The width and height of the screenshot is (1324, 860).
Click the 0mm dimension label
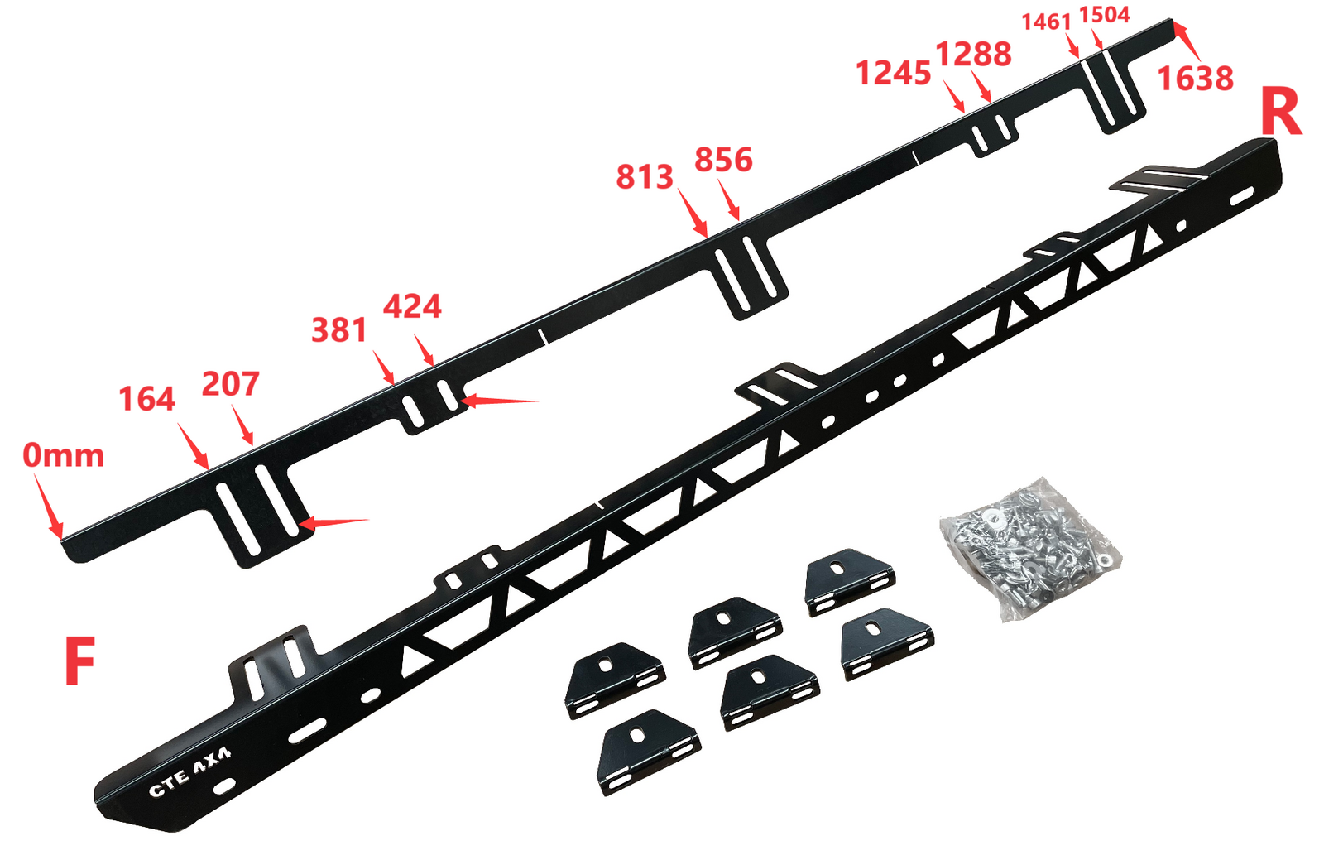click(63, 456)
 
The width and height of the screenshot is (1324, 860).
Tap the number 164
click(147, 399)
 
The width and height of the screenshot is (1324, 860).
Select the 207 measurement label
click(231, 383)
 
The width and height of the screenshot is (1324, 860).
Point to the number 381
click(339, 329)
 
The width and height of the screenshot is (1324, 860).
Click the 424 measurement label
click(412, 306)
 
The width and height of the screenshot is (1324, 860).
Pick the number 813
click(645, 177)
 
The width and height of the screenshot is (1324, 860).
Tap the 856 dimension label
click(723, 160)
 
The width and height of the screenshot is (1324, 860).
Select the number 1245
click(893, 74)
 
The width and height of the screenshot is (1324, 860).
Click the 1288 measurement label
click(973, 55)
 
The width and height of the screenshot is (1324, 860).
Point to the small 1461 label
click(1046, 22)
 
